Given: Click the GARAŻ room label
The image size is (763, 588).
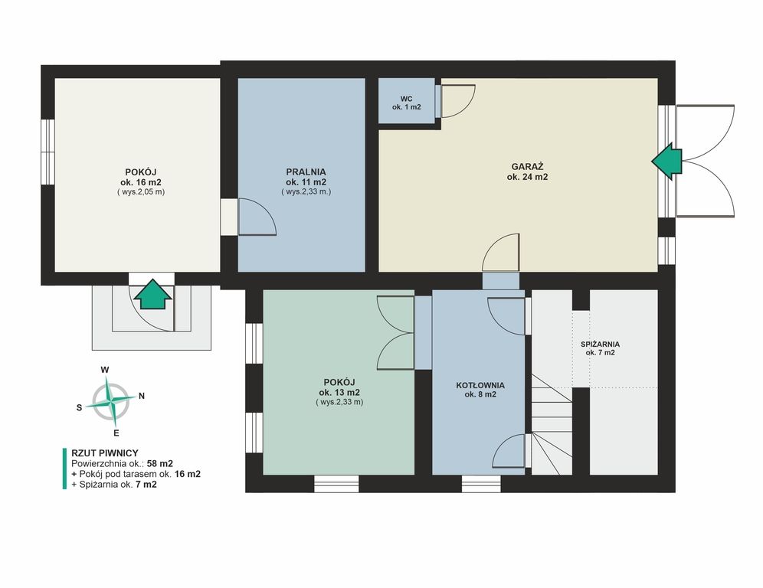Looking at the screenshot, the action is tap(527, 166).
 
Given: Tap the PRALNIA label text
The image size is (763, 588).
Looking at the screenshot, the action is tap(306, 171).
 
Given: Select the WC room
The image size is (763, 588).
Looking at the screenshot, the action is tap(407, 100).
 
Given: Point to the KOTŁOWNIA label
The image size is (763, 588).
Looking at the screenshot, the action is tap(480, 385).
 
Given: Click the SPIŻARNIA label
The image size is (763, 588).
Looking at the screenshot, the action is tap(600, 345).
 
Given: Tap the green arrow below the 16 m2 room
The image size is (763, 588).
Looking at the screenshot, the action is tap(152, 294).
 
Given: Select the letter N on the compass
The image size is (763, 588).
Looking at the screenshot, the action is tap(142, 396).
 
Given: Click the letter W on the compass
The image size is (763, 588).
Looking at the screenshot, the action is tap(105, 370).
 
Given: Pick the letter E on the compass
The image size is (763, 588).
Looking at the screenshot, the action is tap(116, 433).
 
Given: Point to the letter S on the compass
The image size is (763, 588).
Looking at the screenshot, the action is tap(80, 407).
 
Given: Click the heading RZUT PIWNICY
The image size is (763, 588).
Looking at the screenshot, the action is tap(105, 453).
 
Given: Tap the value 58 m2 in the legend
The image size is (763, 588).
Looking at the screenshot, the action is tap(159, 463).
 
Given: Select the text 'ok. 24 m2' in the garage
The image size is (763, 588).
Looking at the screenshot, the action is tap(527, 177).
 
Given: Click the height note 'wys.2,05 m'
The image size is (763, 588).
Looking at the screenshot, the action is tap(141, 192).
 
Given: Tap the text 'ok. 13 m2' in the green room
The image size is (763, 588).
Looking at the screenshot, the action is tap(339, 393).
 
